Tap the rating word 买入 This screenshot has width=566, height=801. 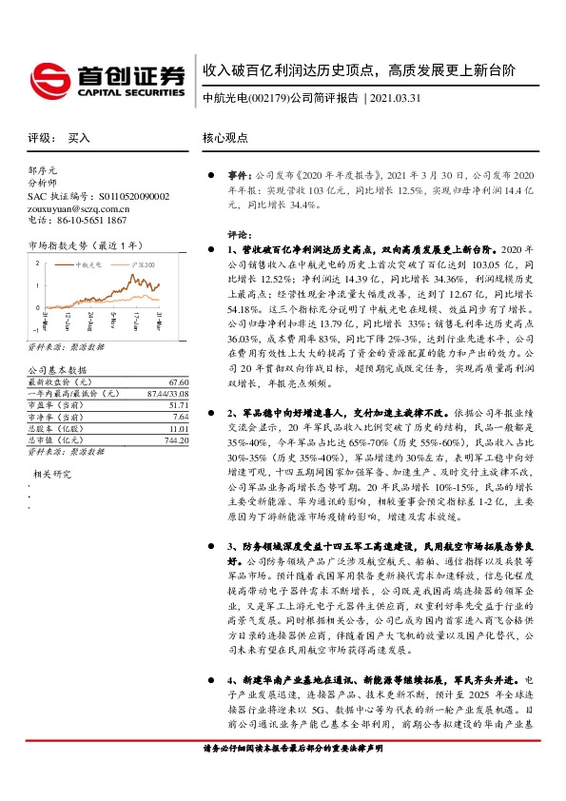79,138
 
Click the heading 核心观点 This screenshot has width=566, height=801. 224,138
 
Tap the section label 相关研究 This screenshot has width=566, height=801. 53,473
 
